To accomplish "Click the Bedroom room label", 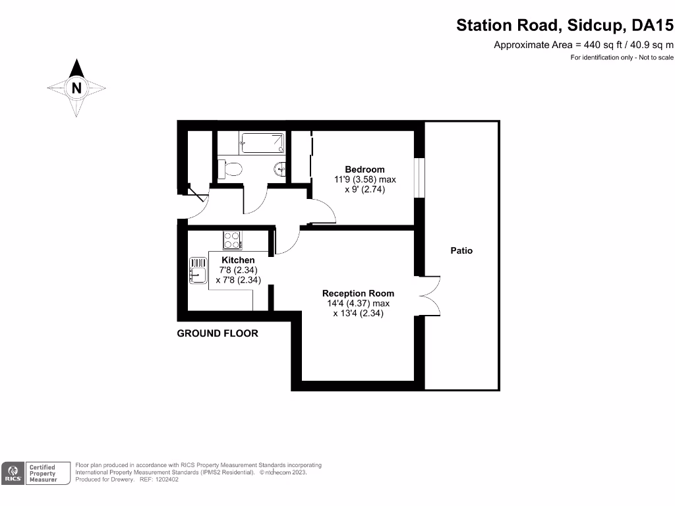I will [x=365, y=169].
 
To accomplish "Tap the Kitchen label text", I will [x=237, y=261].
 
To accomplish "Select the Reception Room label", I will [x=358, y=293].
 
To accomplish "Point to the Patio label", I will [x=461, y=250].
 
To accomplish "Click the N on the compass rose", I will [x=76, y=87].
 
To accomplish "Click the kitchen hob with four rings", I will [x=232, y=240].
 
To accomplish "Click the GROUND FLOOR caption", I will [x=218, y=333].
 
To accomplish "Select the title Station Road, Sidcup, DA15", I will [x=566, y=26].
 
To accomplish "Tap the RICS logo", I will [x=13, y=472].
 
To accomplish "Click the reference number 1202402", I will [x=165, y=479].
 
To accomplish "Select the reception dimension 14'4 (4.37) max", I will [x=358, y=304].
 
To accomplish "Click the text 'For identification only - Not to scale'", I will [x=622, y=58].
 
